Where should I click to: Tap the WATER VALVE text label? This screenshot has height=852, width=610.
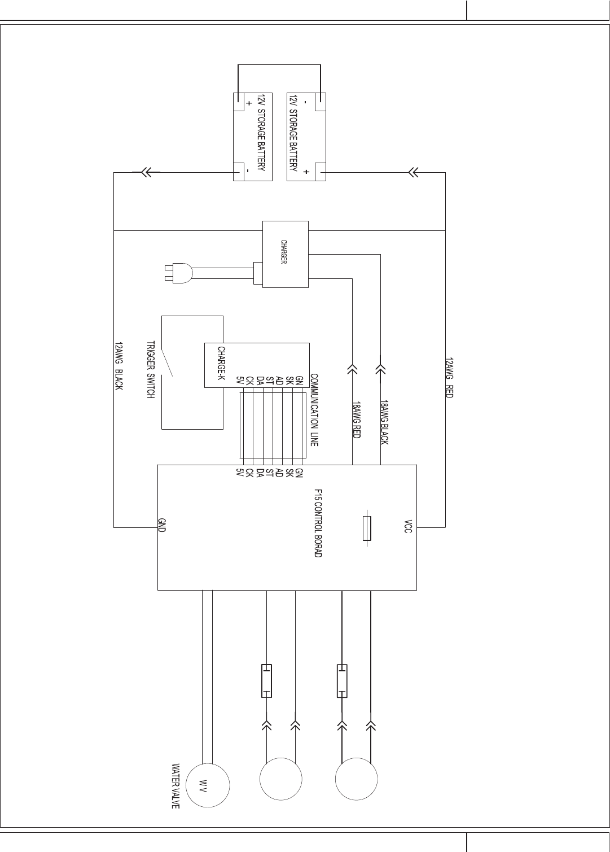pos(175,787)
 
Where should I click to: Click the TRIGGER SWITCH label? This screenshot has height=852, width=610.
pos(151,370)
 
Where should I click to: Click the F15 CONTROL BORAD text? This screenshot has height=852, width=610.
pos(318,523)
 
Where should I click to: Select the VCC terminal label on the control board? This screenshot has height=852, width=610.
pos(409,526)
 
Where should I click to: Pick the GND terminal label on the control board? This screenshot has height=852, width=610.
pos(162,526)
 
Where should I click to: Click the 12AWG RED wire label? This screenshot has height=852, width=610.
pos(449,377)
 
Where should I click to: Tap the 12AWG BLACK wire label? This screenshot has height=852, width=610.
pos(119,366)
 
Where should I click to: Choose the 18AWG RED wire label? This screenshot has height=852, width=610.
pos(357,420)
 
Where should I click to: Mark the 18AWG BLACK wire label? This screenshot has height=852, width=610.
pos(384,422)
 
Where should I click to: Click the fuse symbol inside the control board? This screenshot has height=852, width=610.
pos(367,528)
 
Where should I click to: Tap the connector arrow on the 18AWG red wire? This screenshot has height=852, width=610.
pos(353,369)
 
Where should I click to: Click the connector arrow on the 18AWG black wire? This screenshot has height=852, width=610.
pos(381,369)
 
